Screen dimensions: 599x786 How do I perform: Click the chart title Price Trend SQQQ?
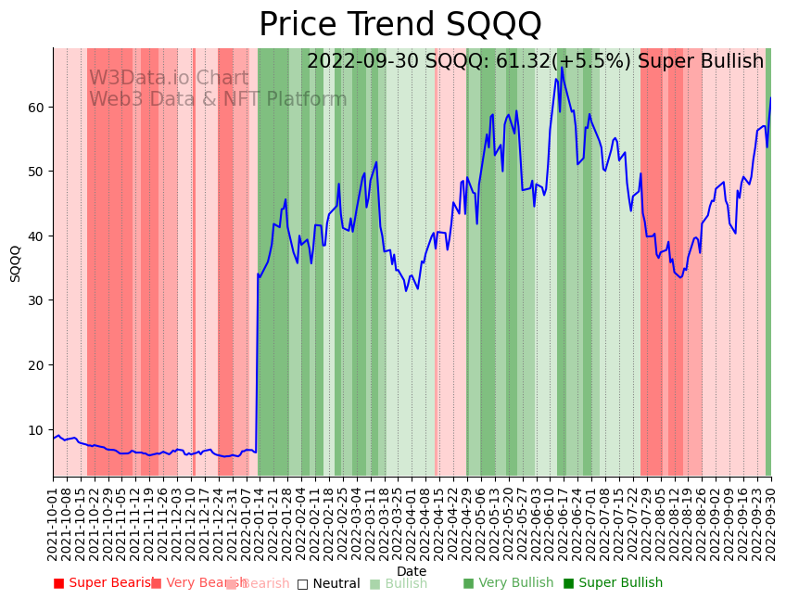[x=399, y=25]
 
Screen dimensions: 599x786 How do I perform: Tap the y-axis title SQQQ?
[x=16, y=263]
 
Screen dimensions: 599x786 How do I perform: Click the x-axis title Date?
[x=412, y=571]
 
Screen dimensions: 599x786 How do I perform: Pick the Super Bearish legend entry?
[x=103, y=583]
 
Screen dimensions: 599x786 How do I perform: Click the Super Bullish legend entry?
[x=613, y=583]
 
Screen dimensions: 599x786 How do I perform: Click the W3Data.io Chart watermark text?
[x=169, y=79]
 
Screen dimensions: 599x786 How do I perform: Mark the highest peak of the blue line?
[x=562, y=67]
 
